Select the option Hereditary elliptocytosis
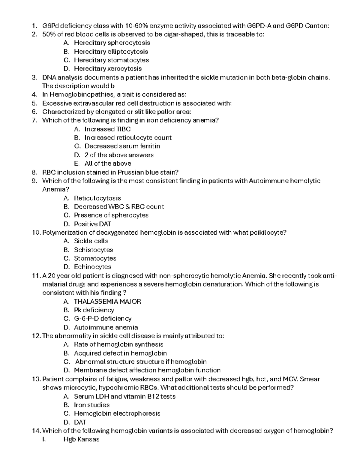pyautogui.click(x=111, y=52)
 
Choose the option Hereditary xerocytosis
pyautogui.click(x=108, y=69)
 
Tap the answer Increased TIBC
pyautogui.click(x=107, y=129)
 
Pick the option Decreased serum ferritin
pyautogui.click(x=122, y=146)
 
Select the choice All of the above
pyautogui.click(x=108, y=164)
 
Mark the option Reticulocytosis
pyautogui.click(x=97, y=198)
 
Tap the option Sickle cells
pyautogui.click(x=91, y=241)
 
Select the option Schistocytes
pyautogui.click(x=93, y=250)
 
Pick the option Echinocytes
pyautogui.click(x=93, y=267)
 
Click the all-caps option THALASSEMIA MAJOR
pyautogui.click(x=107, y=302)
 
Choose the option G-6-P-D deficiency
pyautogui.click(x=103, y=318)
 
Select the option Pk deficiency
pyautogui.click(x=94, y=310)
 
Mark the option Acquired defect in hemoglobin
pyautogui.click(x=120, y=353)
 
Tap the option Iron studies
pyautogui.click(x=92, y=405)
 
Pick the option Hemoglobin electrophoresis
pyautogui.click(x=117, y=413)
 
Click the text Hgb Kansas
pyautogui.click(x=81, y=440)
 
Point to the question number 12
pyautogui.click(x=36, y=336)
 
